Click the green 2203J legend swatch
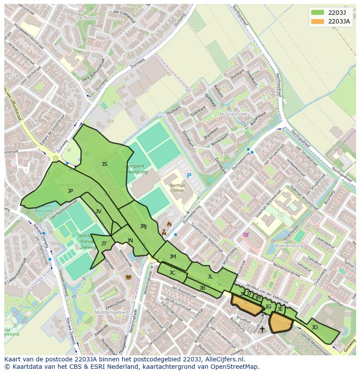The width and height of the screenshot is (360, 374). (x=317, y=12)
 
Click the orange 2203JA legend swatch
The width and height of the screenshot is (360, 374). (x=317, y=21)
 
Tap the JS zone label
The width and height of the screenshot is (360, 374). (x=104, y=164)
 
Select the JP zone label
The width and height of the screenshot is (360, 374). (x=70, y=191)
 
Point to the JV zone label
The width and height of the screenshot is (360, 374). (x=98, y=211)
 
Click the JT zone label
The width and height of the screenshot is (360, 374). (x=104, y=244)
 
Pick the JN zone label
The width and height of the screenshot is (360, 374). (x=130, y=241)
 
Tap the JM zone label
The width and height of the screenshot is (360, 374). (x=173, y=257)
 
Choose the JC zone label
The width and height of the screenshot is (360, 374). (x=172, y=273)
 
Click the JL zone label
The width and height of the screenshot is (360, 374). (x=210, y=277)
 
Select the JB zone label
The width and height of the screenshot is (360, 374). (x=202, y=288)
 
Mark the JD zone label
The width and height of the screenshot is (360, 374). (x=315, y=327)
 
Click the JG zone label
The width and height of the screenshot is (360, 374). (x=268, y=307)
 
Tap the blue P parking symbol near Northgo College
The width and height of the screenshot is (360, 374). (x=189, y=175)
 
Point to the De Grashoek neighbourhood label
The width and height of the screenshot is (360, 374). (x=232, y=114)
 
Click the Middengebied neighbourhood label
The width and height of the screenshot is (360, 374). (x=113, y=312)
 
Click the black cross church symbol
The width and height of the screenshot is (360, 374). (x=262, y=330)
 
